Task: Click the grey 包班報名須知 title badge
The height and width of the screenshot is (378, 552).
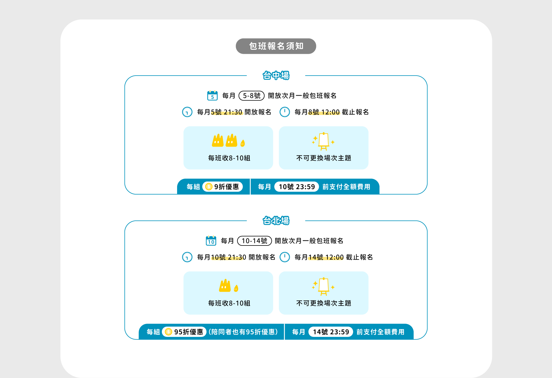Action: click(276, 46)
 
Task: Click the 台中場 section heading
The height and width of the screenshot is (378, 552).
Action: click(276, 76)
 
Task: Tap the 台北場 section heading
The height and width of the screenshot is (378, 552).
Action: click(276, 221)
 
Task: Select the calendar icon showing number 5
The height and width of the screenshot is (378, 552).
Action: click(212, 95)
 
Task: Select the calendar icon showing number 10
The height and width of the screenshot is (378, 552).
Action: click(211, 241)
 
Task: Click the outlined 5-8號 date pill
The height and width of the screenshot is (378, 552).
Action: click(251, 96)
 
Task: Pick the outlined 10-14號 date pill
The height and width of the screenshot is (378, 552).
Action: click(254, 241)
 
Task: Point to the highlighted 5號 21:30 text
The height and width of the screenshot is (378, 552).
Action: click(227, 112)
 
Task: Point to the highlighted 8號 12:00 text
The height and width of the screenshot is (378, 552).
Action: click(324, 112)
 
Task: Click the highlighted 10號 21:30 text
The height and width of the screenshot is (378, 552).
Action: click(229, 257)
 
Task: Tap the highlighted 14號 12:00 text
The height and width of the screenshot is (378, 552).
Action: click(326, 257)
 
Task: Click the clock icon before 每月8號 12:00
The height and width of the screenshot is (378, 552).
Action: click(285, 112)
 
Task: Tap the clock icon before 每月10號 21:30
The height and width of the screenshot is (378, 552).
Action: click(187, 257)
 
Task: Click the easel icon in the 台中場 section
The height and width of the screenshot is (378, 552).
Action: click(323, 141)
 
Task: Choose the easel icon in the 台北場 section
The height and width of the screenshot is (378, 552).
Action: click(323, 286)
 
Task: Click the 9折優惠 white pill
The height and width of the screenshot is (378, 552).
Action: click(223, 187)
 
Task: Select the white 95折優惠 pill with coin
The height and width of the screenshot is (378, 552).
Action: click(184, 332)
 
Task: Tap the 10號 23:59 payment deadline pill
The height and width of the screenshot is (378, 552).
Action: click(296, 187)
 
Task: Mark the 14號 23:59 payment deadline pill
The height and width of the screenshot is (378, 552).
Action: click(331, 332)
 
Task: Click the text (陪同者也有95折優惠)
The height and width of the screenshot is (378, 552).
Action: click(243, 332)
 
